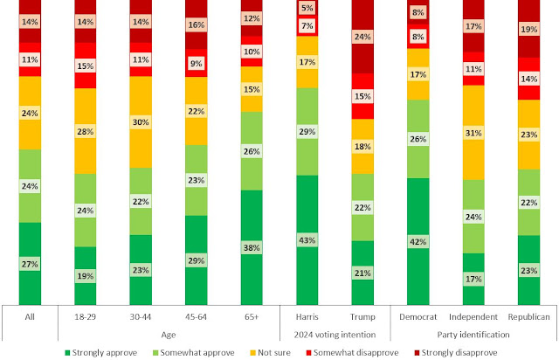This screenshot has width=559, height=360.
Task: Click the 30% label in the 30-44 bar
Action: [x=140, y=122]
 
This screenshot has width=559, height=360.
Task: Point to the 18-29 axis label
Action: [x=84, y=315]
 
